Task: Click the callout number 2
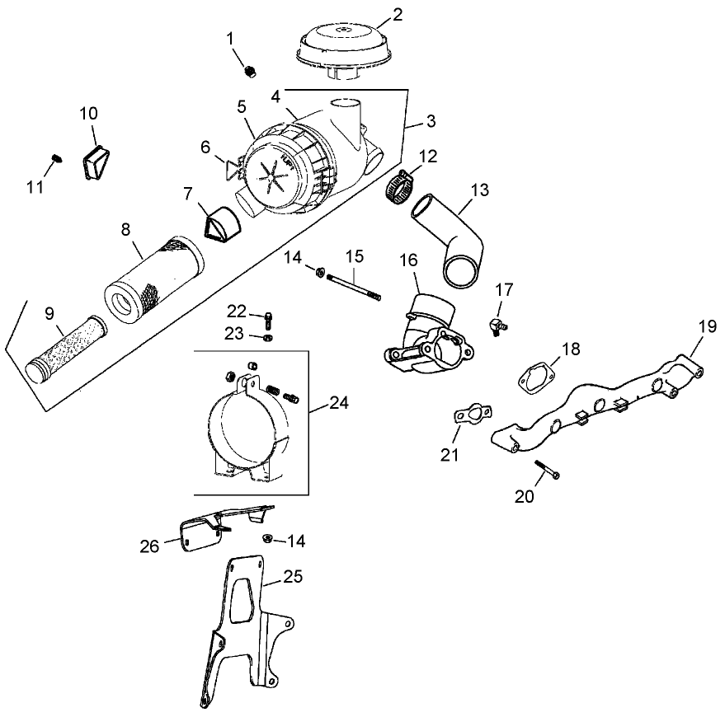point(398,14)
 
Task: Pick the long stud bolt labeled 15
point(355,286)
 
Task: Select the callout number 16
point(409,261)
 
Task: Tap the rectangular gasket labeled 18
point(534,376)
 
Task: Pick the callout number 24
point(338,404)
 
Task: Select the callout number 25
point(291,577)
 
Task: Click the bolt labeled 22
point(270,318)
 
